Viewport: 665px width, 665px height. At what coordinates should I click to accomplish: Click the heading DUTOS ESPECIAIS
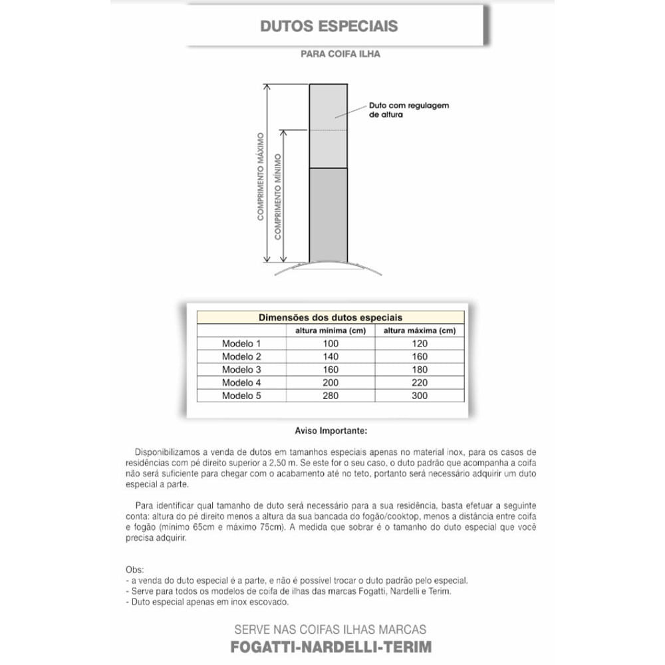pos(329,26)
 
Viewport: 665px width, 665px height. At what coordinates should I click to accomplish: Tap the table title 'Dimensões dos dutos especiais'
pos(330,318)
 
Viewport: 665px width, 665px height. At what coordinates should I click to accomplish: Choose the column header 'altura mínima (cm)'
pos(331,331)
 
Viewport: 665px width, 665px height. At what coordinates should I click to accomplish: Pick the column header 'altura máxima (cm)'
pos(419,331)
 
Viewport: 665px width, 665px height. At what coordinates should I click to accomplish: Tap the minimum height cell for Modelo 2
pos(331,356)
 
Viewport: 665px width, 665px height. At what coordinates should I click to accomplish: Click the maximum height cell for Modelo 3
pos(420,370)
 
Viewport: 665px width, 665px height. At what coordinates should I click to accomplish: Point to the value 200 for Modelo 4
pos(331,382)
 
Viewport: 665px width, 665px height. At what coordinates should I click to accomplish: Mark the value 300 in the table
pos(420,396)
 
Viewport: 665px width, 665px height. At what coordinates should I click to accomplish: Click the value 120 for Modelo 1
pos(420,344)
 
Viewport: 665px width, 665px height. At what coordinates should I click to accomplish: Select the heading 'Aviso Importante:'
pos(331,430)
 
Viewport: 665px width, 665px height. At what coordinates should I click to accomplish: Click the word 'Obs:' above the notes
pos(134,570)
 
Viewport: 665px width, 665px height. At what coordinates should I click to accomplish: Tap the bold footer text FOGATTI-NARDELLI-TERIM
pos(331,646)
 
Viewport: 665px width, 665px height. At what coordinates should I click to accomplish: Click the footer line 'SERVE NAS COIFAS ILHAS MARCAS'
pos(331,629)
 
